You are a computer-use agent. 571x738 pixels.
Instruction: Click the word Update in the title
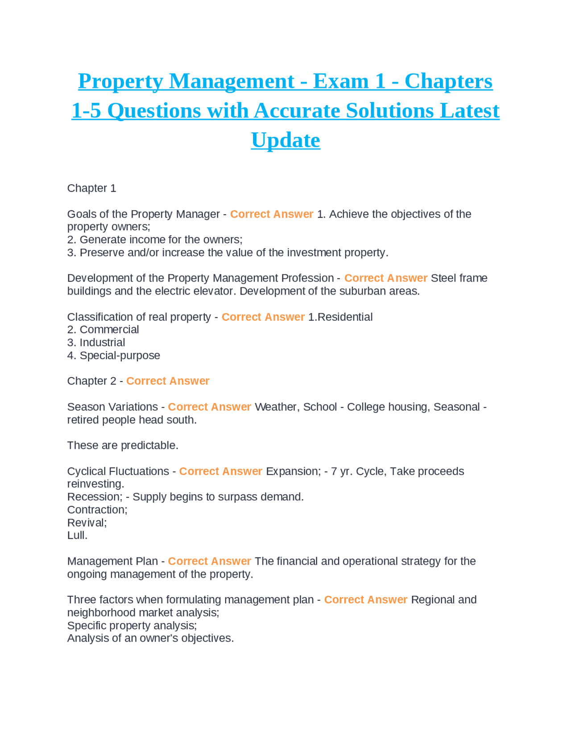pyautogui.click(x=285, y=140)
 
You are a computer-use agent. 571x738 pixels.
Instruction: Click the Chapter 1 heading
pyautogui.click(x=91, y=188)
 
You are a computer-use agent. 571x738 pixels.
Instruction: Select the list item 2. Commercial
pyautogui.click(x=103, y=329)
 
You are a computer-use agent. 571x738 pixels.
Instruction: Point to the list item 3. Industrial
pyautogui.click(x=96, y=342)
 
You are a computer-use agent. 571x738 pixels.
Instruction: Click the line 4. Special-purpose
pyautogui.click(x=113, y=355)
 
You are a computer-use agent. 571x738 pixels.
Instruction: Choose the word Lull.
pyautogui.click(x=77, y=535)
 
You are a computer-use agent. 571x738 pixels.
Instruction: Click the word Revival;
pyautogui.click(x=87, y=522)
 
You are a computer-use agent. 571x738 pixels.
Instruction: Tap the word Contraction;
pyautogui.click(x=97, y=509)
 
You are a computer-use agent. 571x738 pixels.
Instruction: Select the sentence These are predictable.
pyautogui.click(x=123, y=445)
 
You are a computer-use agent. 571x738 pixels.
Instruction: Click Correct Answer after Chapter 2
pyautogui.click(x=168, y=381)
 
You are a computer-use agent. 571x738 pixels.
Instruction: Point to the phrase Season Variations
pyautogui.click(x=112, y=407)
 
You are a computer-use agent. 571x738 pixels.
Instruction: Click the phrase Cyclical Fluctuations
pyautogui.click(x=118, y=471)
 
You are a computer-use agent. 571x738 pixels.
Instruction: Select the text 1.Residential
pyautogui.click(x=340, y=317)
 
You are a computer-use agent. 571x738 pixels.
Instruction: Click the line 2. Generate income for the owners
pyautogui.click(x=155, y=239)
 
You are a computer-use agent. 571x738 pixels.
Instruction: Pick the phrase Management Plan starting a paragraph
pyautogui.click(x=112, y=561)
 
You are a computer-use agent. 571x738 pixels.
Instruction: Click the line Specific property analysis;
pyautogui.click(x=132, y=625)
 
